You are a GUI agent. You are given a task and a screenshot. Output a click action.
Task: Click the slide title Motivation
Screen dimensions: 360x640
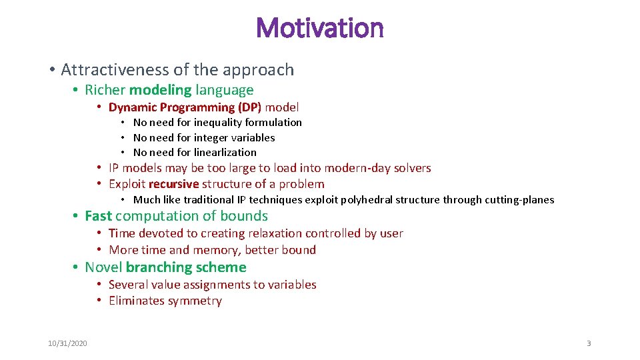pyautogui.click(x=319, y=28)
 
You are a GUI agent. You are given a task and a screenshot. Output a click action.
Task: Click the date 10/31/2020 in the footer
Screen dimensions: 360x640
pyautogui.click(x=67, y=343)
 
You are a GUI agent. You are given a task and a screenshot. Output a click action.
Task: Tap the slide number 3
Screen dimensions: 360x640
pyautogui.click(x=589, y=343)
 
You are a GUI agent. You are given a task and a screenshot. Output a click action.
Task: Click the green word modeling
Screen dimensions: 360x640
pyautogui.click(x=160, y=90)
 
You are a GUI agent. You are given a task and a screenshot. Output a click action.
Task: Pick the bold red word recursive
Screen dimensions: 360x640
pyautogui.click(x=173, y=184)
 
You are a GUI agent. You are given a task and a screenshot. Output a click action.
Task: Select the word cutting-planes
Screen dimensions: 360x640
pyautogui.click(x=520, y=200)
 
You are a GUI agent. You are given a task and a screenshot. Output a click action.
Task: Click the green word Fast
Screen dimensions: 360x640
pyautogui.click(x=98, y=216)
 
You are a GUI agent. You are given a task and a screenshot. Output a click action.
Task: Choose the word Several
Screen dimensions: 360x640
pyautogui.click(x=128, y=285)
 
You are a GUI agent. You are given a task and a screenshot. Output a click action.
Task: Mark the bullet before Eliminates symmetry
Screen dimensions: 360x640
pyautogui.click(x=98, y=301)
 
